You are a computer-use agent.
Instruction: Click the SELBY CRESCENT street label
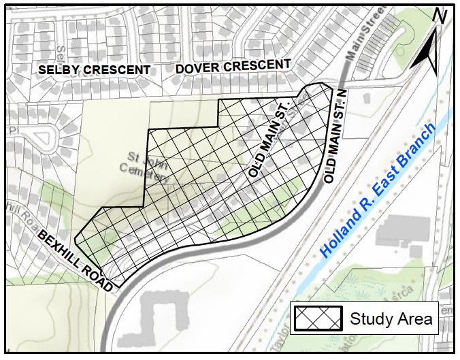94,70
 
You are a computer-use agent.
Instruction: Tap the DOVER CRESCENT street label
233,67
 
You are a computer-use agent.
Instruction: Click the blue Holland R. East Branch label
377,191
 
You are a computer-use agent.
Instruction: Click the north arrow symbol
429,53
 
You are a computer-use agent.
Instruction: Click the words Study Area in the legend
391,318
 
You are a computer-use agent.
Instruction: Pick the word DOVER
197,68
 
